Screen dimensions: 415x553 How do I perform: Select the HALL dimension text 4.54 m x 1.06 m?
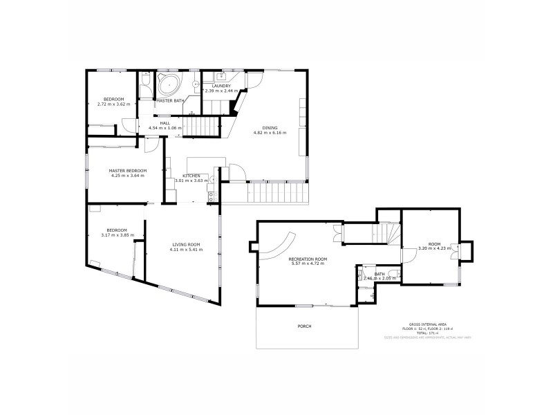coord(165,128)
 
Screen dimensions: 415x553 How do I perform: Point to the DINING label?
coord(270,127)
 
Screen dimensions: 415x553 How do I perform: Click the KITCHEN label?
coord(191,176)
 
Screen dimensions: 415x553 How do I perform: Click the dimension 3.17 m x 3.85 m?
coord(116,235)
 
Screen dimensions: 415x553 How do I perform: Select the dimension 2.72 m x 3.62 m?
coord(113,104)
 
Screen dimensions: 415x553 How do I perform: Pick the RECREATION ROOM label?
coord(308,258)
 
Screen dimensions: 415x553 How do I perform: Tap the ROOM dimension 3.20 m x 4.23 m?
coord(434,248)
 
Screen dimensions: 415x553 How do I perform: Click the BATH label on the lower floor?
coord(379,274)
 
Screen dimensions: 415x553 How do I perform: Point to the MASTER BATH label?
coord(169,101)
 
